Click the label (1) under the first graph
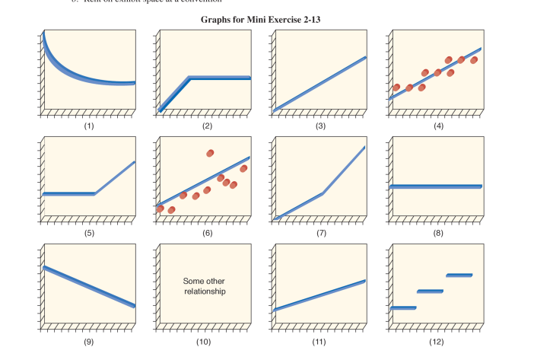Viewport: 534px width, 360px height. pos(89,126)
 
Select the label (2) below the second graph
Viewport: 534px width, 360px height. pos(206,126)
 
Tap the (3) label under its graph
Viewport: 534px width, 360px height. pos(320,126)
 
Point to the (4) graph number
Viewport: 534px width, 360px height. pos(437,126)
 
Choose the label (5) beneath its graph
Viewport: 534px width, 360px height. pos(89,233)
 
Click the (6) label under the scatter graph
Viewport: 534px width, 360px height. pos(206,233)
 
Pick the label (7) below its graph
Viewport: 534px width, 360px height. pos(320,233)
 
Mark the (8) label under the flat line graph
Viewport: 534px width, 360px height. pos(437,233)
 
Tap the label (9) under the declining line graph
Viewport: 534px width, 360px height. pos(89,342)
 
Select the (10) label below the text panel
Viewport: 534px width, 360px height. pos(204,342)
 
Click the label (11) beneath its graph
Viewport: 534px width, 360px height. pos(319,342)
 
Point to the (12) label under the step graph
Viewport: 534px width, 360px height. pos(436,342)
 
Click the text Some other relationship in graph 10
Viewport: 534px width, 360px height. pos(205,286)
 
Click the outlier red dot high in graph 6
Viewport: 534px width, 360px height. pos(211,153)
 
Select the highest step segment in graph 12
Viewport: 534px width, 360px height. pos(459,275)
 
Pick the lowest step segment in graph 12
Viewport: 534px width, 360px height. pos(403,307)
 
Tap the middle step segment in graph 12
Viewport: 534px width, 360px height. pos(430,291)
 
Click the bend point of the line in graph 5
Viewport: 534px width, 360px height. pos(94,193)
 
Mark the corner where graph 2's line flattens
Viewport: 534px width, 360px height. pos(189,78)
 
